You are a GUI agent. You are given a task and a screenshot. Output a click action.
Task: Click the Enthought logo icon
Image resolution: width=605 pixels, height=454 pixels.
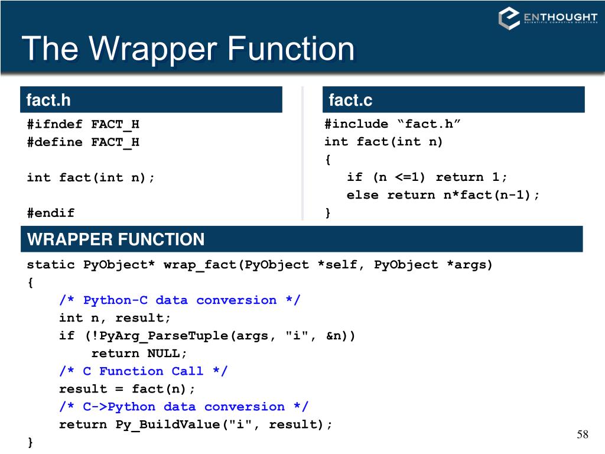point(509,18)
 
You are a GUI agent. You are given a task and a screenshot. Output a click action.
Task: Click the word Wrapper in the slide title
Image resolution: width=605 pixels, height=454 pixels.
point(152,48)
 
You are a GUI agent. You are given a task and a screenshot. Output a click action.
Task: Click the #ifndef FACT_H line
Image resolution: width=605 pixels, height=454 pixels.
point(83,124)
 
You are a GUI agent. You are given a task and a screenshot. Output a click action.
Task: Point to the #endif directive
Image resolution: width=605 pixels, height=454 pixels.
point(51,213)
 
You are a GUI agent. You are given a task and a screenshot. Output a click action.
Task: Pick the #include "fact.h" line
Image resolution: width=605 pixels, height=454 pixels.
point(392,124)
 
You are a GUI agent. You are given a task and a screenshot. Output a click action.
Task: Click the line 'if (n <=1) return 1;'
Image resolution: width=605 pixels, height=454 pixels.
point(427,177)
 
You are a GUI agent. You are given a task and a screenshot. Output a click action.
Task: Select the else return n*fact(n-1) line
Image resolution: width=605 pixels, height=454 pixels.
point(443,195)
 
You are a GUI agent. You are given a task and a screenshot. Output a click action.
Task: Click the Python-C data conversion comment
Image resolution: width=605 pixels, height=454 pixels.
point(180,300)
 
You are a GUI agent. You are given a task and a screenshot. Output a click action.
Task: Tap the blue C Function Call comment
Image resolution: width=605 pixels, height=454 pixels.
point(143,371)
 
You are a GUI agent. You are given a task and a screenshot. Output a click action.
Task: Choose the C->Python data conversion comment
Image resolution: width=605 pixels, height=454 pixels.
point(184,407)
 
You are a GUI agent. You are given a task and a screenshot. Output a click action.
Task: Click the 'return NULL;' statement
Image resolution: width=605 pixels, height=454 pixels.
point(139,354)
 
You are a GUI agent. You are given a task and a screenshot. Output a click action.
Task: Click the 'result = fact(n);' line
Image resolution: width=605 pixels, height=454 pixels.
point(127,389)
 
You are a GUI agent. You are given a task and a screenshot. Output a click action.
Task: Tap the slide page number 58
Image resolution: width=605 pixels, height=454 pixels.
point(583,435)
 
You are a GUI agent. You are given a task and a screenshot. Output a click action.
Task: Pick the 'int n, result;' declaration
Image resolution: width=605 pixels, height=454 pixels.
point(115,318)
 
